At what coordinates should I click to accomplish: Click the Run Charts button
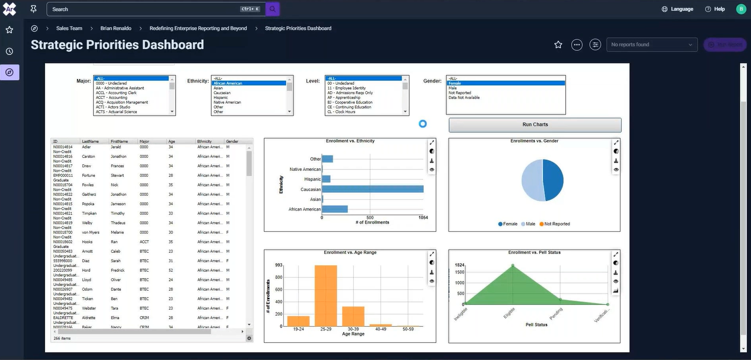535,125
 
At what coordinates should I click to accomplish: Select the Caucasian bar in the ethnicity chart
372,189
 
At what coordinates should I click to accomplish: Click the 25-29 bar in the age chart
325,295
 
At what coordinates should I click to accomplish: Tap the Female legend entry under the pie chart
508,224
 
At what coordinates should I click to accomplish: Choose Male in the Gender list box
453,88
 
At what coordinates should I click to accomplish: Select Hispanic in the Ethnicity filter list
220,97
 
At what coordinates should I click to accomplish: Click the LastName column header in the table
91,142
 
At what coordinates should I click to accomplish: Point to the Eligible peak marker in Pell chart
513,265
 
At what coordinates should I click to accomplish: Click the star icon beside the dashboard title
558,44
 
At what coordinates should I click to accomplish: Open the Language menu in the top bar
678,9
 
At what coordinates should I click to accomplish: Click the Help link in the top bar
715,9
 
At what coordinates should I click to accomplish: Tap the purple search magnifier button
272,9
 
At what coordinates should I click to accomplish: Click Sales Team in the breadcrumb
69,28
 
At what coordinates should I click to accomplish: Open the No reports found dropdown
651,44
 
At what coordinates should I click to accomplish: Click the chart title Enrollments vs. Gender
534,141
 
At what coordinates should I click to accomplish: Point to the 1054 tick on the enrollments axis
423,217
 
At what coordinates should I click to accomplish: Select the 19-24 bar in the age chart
298,321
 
